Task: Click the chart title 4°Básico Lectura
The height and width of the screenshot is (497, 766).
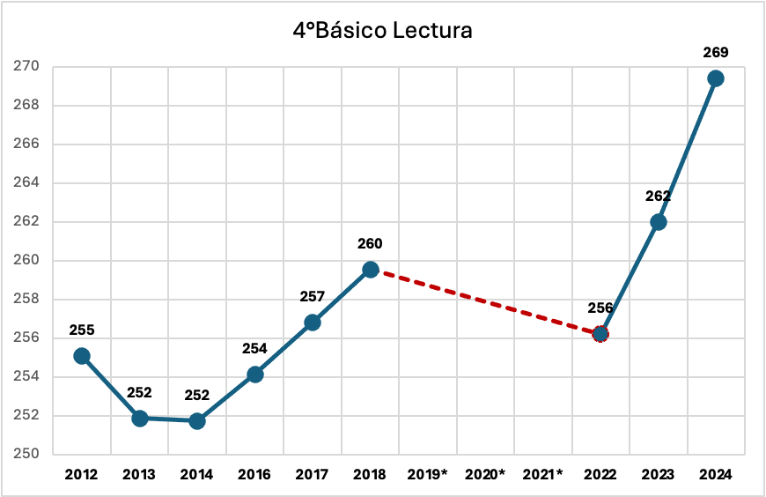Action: click(383, 31)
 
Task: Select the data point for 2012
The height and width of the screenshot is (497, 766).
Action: click(82, 356)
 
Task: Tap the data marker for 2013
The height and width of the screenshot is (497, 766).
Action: click(139, 419)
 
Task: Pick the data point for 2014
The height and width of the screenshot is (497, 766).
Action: click(197, 421)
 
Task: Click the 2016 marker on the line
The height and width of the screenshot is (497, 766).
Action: click(255, 375)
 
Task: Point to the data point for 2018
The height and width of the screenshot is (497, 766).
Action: click(371, 270)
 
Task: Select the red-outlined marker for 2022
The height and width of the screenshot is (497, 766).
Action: click(600, 334)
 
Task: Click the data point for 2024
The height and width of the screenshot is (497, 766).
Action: click(716, 78)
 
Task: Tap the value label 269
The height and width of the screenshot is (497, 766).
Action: click(715, 54)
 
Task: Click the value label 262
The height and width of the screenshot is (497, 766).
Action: click(658, 197)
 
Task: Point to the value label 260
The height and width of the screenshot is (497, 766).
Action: click(370, 244)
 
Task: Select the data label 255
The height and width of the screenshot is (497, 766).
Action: click(81, 331)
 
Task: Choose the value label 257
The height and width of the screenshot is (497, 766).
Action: click(313, 297)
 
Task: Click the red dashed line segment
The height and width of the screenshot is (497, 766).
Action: click(485, 301)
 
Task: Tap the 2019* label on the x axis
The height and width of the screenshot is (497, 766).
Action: click(428, 474)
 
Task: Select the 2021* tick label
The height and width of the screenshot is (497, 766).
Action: click(542, 474)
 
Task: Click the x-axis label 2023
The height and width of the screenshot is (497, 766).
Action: click(658, 474)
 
